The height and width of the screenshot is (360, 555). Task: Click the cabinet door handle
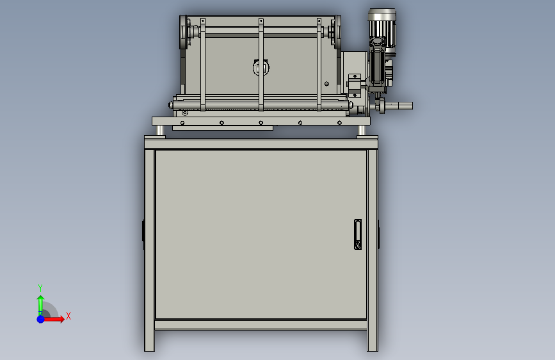tap(358, 234)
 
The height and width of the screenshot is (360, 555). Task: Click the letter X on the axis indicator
tap(68, 316)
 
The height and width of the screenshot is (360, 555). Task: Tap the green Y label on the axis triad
tap(40, 288)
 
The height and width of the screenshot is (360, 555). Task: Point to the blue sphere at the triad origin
tap(41, 319)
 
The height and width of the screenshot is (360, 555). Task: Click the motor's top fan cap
tap(382, 15)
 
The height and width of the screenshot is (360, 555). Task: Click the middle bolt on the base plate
tap(261, 123)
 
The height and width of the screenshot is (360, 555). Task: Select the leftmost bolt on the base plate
tap(182, 123)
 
